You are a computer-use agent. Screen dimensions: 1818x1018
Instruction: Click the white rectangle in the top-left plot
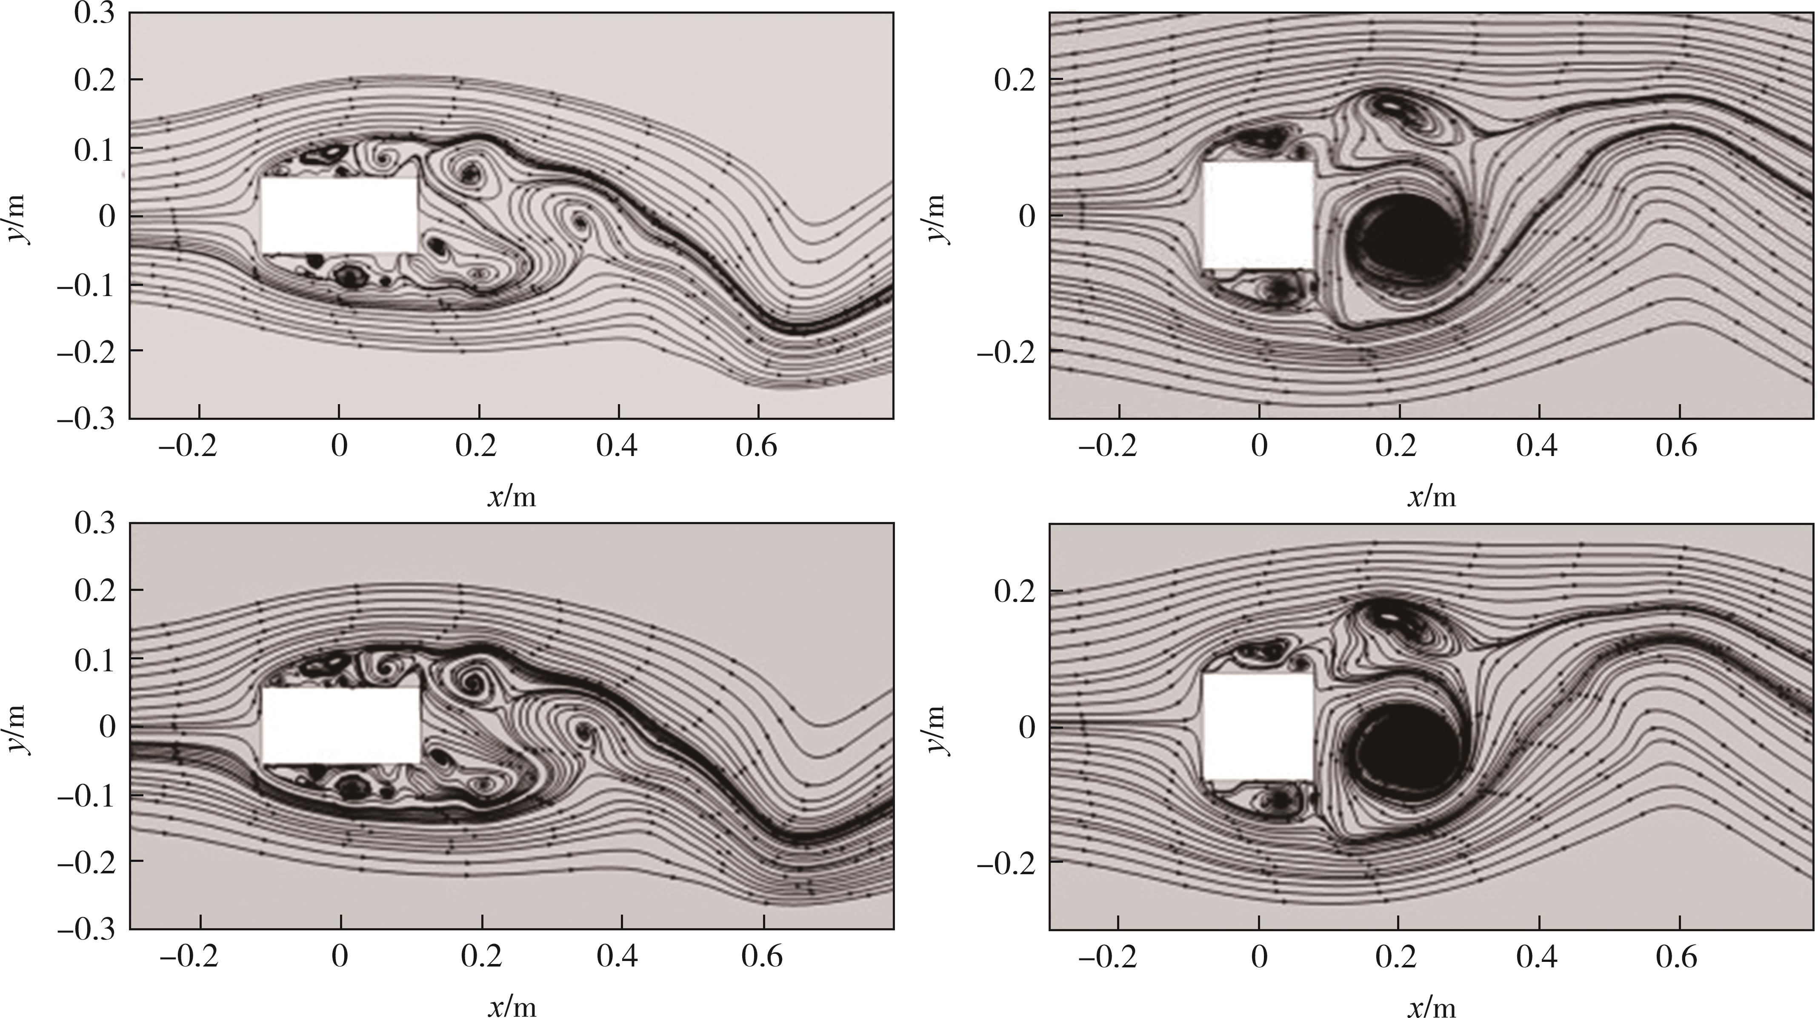(x=340, y=215)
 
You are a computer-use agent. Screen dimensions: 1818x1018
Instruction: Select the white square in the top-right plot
(x=1258, y=216)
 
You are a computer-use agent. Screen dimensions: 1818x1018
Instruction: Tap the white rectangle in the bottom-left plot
(x=341, y=726)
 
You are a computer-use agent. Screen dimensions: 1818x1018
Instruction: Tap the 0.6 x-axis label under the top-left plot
(x=757, y=446)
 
